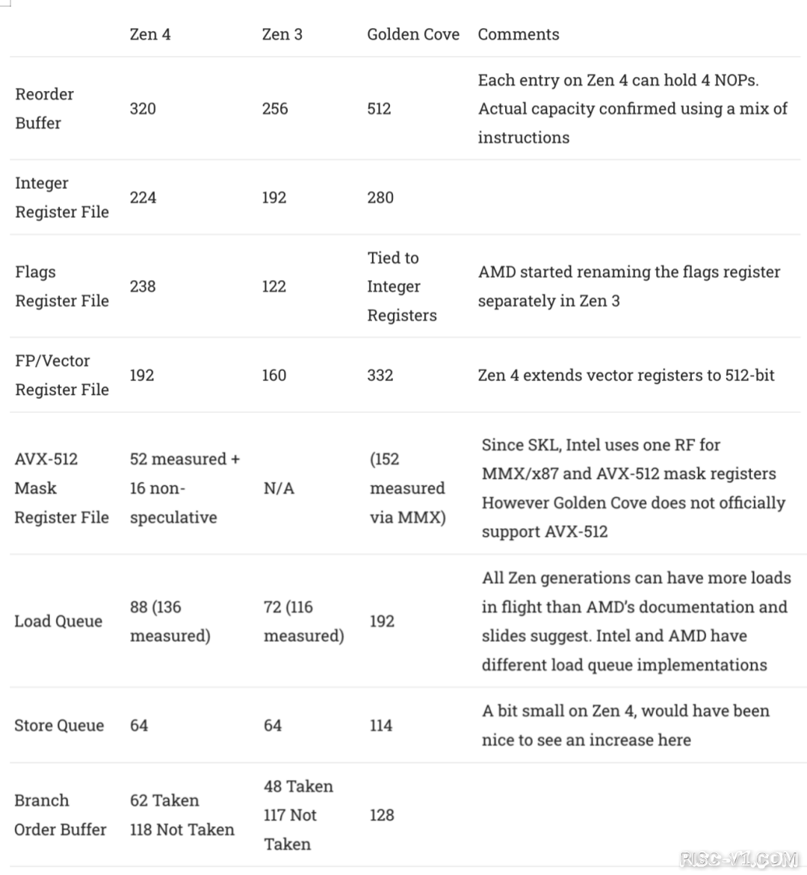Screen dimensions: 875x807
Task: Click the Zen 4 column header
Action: [150, 34]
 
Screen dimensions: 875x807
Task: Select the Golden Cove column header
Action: [412, 34]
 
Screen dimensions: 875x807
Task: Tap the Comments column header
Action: [519, 34]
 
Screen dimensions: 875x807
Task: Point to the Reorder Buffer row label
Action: [45, 108]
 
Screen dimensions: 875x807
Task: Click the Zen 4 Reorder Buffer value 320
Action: [143, 108]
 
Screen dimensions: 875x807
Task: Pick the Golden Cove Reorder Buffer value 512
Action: [379, 108]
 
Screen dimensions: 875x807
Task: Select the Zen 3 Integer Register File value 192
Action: [274, 197]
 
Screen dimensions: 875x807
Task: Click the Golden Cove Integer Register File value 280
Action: [380, 197]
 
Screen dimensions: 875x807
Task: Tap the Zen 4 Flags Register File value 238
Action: [143, 286]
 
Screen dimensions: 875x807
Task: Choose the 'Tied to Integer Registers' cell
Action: [401, 286]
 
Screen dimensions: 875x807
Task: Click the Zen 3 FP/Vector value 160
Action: [274, 375]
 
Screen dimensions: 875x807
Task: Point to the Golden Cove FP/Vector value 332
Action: [380, 375]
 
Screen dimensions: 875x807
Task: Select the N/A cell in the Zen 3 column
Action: [279, 488]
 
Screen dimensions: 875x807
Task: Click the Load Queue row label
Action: [58, 621]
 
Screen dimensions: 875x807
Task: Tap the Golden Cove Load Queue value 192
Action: [382, 621]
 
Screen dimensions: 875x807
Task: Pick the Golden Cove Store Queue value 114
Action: [381, 725]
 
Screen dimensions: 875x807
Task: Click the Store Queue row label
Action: [59, 725]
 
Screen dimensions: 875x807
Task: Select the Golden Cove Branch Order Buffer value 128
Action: [382, 815]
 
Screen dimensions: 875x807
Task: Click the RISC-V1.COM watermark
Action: [739, 859]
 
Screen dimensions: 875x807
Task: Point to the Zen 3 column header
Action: [282, 34]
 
